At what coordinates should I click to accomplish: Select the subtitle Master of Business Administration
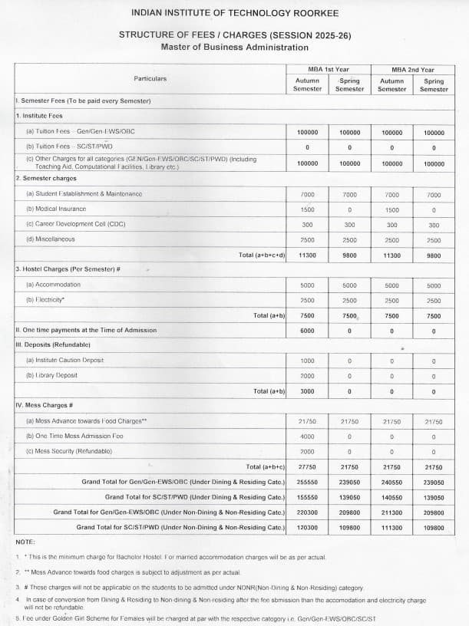tap(234, 48)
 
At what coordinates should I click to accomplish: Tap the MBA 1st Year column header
tap(328, 70)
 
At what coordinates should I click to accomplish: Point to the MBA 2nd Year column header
tap(412, 70)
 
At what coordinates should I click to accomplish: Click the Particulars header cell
tap(150, 78)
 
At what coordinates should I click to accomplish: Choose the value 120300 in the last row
tap(307, 528)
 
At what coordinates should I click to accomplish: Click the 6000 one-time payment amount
tap(307, 331)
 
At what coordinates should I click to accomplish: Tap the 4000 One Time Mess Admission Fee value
tap(307, 437)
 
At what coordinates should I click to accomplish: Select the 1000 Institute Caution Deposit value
tap(307, 361)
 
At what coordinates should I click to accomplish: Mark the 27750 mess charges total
tap(307, 467)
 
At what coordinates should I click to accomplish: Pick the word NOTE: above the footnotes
tap(25, 542)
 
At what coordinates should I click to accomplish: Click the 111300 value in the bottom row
tap(391, 528)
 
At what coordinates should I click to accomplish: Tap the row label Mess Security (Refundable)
tap(70, 451)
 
